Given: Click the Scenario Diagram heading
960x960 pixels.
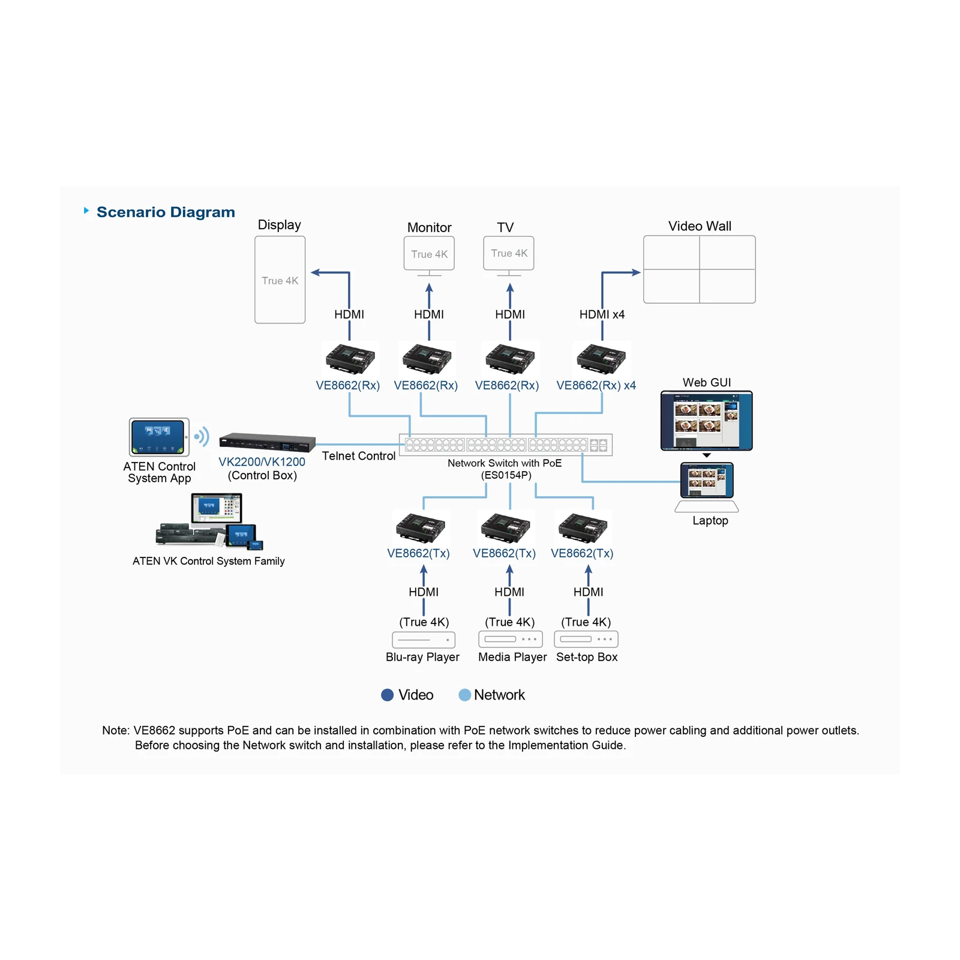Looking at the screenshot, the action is (166, 212).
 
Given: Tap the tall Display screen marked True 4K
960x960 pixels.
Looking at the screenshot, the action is (280, 280).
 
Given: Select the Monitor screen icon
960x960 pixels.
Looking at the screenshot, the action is (429, 256).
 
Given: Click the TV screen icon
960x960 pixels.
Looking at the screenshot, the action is (509, 256).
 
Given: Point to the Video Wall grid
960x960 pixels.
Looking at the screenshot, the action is (700, 269).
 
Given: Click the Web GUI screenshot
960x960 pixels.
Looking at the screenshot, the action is (706, 421).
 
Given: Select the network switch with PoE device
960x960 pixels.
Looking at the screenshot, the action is (506, 445).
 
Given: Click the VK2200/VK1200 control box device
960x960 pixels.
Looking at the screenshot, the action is (267, 442).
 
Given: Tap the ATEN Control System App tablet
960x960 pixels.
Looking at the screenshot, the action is (159, 437).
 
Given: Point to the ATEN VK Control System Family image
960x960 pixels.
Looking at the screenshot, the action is (209, 521).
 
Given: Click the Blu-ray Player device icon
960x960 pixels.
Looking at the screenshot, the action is (424, 640).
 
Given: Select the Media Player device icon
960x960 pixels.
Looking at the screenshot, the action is (511, 639).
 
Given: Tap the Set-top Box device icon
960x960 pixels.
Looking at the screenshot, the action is (586, 639).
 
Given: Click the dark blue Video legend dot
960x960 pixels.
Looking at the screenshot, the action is (388, 695).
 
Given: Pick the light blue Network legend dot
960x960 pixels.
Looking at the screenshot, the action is (464, 695).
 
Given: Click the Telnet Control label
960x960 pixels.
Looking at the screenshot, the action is (359, 456).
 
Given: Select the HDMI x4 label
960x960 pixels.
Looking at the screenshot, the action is (602, 314).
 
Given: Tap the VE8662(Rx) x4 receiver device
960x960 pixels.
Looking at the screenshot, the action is (601, 358).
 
